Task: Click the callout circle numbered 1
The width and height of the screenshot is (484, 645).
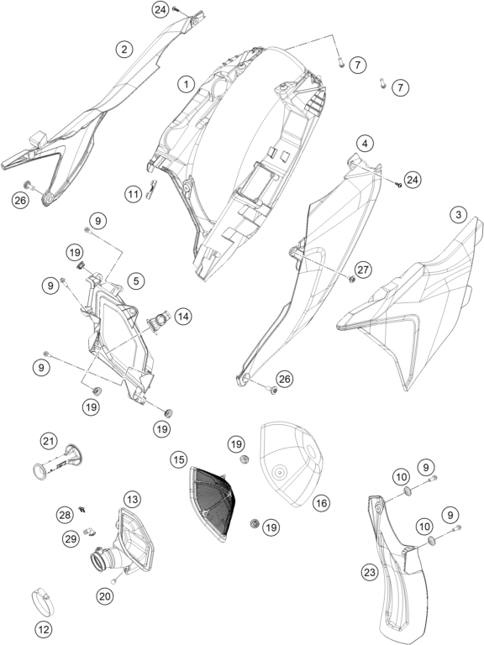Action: pos(186,85)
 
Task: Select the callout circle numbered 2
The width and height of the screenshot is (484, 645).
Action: pos(124,50)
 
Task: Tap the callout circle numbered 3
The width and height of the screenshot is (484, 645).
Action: pos(459,214)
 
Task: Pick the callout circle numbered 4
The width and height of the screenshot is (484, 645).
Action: pos(365,144)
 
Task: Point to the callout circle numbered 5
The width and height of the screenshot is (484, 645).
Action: pos(136,281)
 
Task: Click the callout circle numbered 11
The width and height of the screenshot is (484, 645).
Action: pos(134,193)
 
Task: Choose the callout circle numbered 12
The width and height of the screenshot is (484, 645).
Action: pos(44,629)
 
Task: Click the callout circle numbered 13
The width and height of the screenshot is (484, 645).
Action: pos(132,500)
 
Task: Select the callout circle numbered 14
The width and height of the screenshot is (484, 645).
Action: pos(183,317)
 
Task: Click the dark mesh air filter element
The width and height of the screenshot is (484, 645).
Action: pos(212,503)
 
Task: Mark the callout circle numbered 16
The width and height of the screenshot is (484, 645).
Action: pos(321,503)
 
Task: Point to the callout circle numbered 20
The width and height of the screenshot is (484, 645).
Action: pos(105,596)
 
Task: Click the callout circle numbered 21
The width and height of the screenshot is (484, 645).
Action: pos(49,442)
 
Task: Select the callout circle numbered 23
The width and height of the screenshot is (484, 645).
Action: pos(370,572)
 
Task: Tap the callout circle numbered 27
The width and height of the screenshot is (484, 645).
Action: pos(363,270)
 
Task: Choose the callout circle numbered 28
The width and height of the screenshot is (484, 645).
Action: pos(65,515)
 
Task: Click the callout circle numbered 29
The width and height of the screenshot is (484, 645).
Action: pos(71,538)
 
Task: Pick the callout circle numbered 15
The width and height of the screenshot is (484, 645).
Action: pos(179,459)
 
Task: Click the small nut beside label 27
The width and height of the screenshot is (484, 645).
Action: pos(352,280)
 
